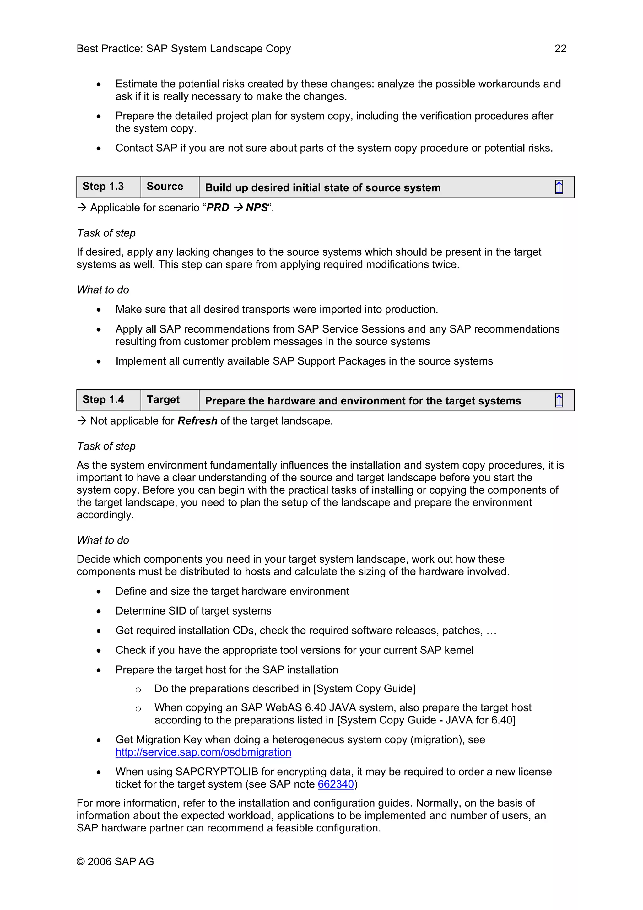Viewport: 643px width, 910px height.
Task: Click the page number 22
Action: (560, 48)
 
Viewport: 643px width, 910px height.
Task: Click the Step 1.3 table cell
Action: (103, 187)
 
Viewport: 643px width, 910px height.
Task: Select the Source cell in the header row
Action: (165, 187)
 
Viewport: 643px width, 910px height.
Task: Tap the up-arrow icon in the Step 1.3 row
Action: (559, 187)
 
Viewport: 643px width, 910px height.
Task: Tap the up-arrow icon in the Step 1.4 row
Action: (559, 400)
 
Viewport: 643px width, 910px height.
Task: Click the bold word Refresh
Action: (197, 420)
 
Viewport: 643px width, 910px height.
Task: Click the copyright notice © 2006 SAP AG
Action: (115, 861)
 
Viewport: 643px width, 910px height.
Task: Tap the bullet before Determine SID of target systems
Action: (99, 612)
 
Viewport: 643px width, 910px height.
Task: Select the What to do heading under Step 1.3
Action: (103, 290)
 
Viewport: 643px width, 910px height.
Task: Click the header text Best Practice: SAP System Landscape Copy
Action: (183, 48)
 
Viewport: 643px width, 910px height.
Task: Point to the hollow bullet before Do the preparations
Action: (138, 690)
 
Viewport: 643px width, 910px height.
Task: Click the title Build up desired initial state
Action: (322, 187)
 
